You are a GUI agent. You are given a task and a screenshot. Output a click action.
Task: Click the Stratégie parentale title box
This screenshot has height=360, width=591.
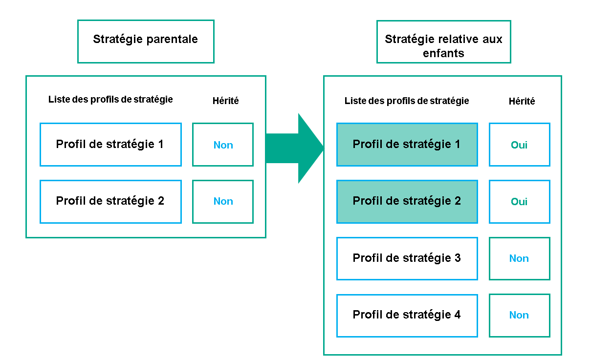[146, 41]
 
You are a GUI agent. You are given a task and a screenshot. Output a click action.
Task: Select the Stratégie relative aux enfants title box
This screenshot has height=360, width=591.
[443, 41]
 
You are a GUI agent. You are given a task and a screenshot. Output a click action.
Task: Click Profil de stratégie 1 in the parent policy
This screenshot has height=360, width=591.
[110, 145]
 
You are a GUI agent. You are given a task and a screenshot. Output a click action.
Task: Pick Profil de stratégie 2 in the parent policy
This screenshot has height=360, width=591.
[110, 201]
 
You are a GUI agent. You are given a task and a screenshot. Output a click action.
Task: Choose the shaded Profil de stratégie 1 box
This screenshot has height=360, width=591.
[407, 145]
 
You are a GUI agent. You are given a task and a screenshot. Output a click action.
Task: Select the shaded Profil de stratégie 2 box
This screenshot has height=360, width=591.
[407, 201]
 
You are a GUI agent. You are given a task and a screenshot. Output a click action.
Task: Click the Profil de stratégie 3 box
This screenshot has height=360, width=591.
[407, 258]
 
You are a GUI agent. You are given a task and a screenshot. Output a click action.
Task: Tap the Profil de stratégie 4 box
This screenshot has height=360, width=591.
[407, 315]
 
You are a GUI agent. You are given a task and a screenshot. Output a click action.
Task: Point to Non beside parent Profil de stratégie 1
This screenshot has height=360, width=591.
[223, 145]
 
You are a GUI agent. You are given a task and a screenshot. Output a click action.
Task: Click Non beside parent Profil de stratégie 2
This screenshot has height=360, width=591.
[223, 201]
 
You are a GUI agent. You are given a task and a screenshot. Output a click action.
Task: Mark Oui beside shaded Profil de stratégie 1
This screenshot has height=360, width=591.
[519, 145]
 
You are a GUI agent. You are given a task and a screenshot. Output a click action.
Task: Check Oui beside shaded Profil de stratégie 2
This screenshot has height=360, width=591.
[519, 201]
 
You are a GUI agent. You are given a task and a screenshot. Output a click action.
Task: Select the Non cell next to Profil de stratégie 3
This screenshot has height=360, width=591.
[519, 258]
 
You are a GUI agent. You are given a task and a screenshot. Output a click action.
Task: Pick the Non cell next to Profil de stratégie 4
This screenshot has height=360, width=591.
[519, 315]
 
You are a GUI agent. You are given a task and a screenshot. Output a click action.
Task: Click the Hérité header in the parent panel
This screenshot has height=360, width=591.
[226, 101]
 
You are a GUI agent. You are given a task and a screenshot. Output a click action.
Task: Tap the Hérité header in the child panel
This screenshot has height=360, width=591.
[522, 102]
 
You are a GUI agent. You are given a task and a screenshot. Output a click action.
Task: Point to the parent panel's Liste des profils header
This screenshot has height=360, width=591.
[110, 100]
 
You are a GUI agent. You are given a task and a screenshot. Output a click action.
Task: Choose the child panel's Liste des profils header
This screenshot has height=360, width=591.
[407, 101]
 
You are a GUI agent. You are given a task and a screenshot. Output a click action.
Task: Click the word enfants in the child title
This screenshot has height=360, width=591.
[443, 53]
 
